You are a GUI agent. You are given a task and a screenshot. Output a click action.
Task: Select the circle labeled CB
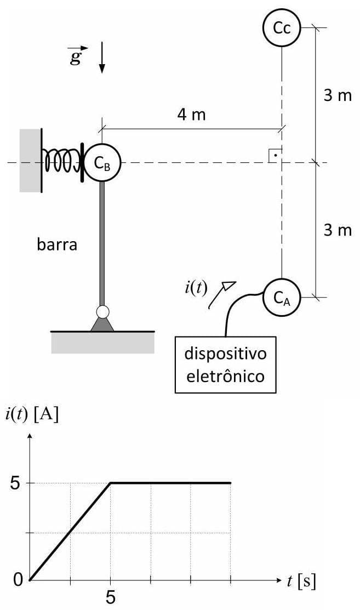point(102,163)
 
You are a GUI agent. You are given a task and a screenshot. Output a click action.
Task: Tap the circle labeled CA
point(282,298)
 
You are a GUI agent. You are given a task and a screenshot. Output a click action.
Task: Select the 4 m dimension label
point(191,115)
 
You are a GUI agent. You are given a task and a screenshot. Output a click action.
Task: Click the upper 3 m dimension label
point(337,95)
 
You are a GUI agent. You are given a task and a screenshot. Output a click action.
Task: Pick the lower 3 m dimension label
point(337,230)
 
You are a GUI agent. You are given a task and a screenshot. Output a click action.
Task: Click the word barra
point(57,244)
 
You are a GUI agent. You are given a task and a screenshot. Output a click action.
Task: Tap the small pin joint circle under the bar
point(102,312)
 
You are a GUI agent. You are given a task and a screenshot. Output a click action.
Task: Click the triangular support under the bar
point(102,325)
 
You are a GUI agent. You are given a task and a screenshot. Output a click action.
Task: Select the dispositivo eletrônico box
point(225,365)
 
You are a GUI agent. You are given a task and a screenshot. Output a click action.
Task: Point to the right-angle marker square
point(275,155)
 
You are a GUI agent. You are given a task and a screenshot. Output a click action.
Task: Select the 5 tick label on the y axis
point(15,483)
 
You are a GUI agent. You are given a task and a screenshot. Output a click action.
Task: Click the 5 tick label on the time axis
point(111,596)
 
